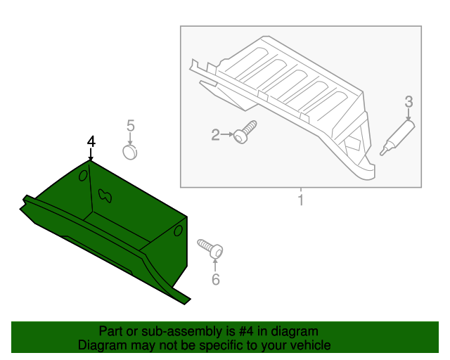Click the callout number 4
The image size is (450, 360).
point(90,141)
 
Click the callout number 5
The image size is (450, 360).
point(130,126)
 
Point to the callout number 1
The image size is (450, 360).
point(300,202)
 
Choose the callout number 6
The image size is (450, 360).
point(216,280)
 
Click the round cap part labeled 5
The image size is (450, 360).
point(129,151)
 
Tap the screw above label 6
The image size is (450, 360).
point(211,248)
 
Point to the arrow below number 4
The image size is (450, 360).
point(90,155)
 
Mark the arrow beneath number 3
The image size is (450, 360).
point(409,115)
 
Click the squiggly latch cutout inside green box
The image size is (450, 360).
point(106,195)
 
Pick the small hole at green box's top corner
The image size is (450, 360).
point(82,174)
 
